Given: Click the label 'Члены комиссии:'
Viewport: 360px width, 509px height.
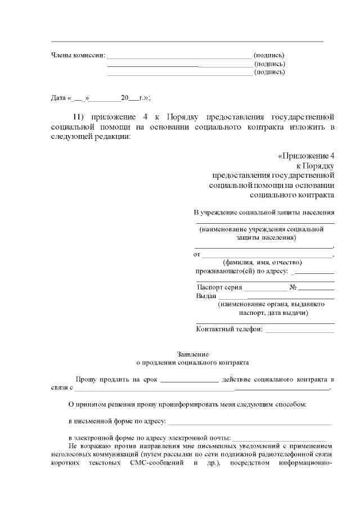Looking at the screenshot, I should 78,55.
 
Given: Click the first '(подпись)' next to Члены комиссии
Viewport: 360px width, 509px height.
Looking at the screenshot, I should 269,55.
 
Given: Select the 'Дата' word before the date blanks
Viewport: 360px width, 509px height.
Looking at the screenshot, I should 58,98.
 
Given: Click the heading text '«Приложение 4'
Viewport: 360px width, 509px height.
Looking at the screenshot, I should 306,155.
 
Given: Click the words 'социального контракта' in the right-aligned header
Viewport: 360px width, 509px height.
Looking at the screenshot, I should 292,195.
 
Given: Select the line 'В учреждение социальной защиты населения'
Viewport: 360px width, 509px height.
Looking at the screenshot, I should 264,213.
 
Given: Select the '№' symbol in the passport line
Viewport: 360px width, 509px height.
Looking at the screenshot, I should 292,287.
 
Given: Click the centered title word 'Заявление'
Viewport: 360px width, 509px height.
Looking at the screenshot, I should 192,355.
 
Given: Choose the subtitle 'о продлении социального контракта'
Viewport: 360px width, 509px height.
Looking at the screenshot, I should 192,363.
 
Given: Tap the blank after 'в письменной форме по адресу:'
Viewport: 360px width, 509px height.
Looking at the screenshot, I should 250,421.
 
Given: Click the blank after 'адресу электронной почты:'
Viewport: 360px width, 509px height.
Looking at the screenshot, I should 279,438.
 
